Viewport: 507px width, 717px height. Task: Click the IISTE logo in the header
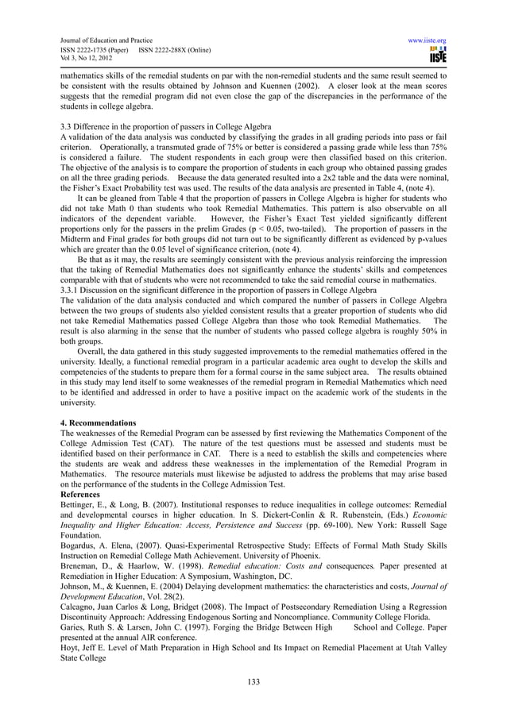point(436,53)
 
